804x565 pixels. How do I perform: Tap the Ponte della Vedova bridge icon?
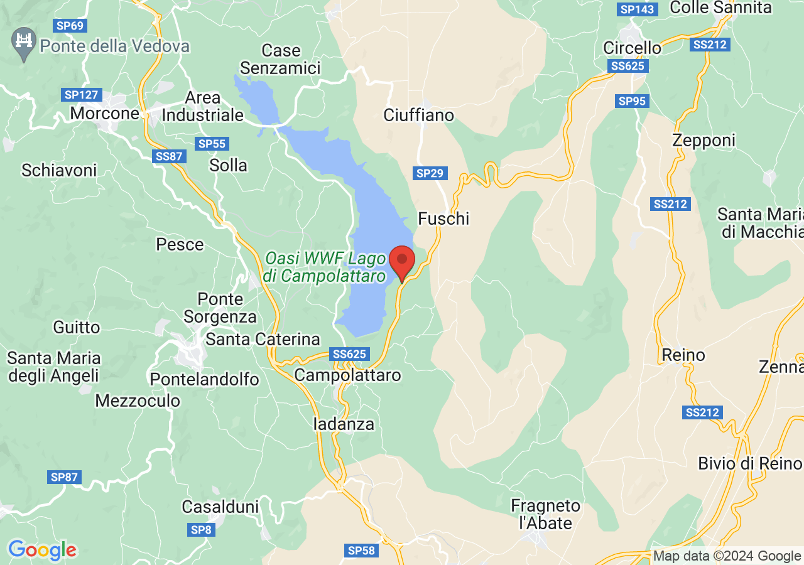(24, 43)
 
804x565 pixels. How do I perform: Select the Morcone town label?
(104, 114)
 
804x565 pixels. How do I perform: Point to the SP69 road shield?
(70, 26)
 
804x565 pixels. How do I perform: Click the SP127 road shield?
(81, 95)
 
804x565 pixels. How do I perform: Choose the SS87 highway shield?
(169, 156)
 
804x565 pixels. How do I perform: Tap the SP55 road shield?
(212, 144)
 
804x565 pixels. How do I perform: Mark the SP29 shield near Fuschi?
(430, 173)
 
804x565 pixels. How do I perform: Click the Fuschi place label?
(443, 218)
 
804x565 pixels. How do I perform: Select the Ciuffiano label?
(418, 116)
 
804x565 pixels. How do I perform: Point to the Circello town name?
(632, 48)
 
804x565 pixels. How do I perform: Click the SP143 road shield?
(638, 9)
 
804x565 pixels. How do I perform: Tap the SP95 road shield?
(632, 101)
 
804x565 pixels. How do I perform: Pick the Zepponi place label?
(703, 141)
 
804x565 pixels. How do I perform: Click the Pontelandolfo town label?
(204, 379)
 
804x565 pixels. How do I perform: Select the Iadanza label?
(344, 424)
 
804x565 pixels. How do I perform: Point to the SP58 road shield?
(361, 551)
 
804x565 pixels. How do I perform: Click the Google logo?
(42, 550)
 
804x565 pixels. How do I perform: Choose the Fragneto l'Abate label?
(545, 514)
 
